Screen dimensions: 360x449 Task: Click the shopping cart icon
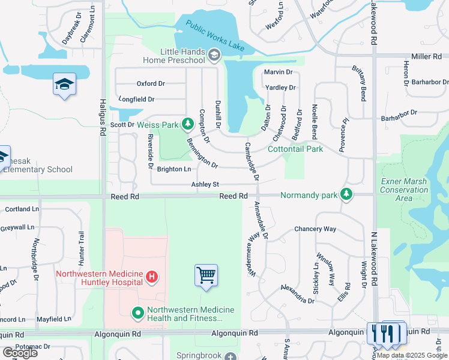coord(206,275)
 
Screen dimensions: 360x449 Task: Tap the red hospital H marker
coord(152,276)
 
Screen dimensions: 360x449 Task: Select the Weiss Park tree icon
coord(187,124)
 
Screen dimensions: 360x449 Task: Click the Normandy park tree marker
coord(346,194)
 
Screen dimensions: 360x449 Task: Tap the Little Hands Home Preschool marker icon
coord(214,56)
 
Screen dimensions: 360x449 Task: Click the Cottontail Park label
coord(295,149)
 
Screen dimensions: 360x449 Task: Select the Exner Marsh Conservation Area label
coord(404,190)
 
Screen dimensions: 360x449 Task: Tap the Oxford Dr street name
coord(151,83)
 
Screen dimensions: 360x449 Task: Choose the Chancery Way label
coord(315,229)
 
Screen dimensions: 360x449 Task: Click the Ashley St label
coord(205,185)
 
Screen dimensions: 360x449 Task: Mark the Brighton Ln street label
coord(173,169)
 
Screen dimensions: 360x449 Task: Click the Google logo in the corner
coord(20,353)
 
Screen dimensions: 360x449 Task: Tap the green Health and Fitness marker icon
coord(137,312)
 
